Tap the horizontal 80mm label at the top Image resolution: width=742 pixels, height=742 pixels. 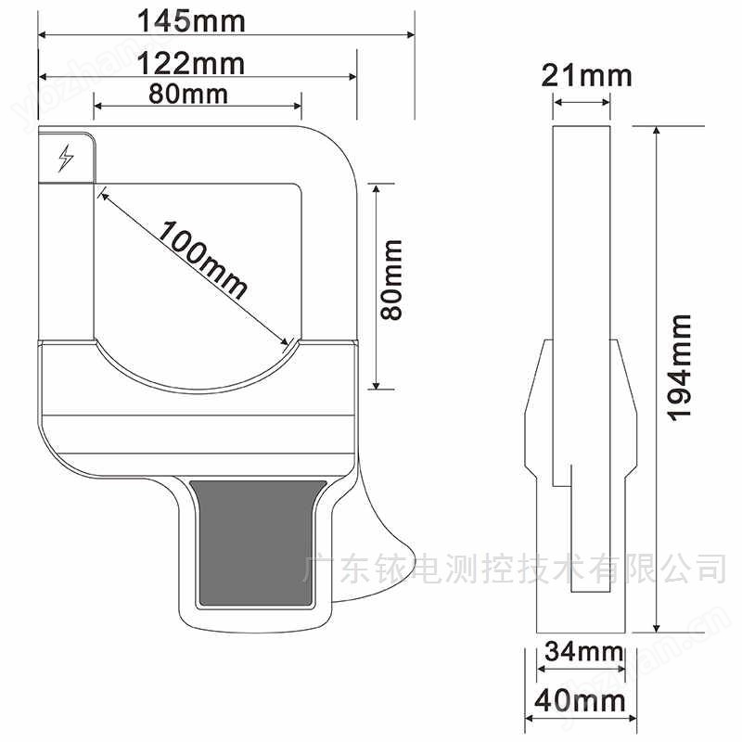(187, 94)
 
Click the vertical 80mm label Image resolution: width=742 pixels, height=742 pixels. (393, 280)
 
